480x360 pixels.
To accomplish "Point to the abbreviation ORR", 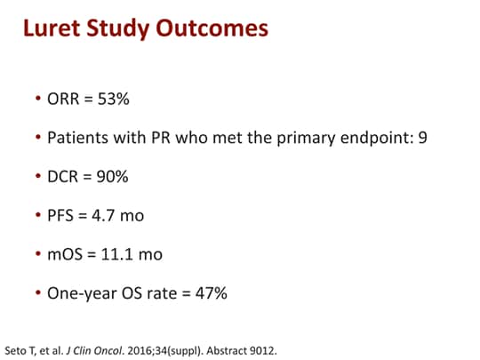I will coord(64,100).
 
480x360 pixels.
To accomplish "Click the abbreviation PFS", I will coord(61,215).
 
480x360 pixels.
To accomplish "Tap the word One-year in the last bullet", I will coord(80,292).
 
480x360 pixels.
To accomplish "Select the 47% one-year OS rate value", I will coord(212,292).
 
